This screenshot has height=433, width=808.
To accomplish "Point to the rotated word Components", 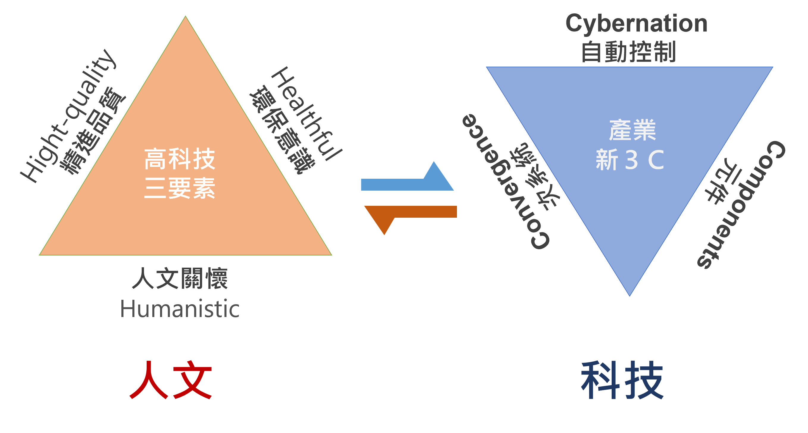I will tap(741, 204).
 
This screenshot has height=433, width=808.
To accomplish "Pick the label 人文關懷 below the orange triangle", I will tap(180, 279).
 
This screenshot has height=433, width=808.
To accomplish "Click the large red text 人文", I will tap(171, 380).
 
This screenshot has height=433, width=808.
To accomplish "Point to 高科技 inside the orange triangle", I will tap(180, 159).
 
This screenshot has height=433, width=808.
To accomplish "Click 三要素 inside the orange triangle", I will tap(180, 188).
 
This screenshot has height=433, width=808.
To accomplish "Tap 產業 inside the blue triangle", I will tap(632, 130).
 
